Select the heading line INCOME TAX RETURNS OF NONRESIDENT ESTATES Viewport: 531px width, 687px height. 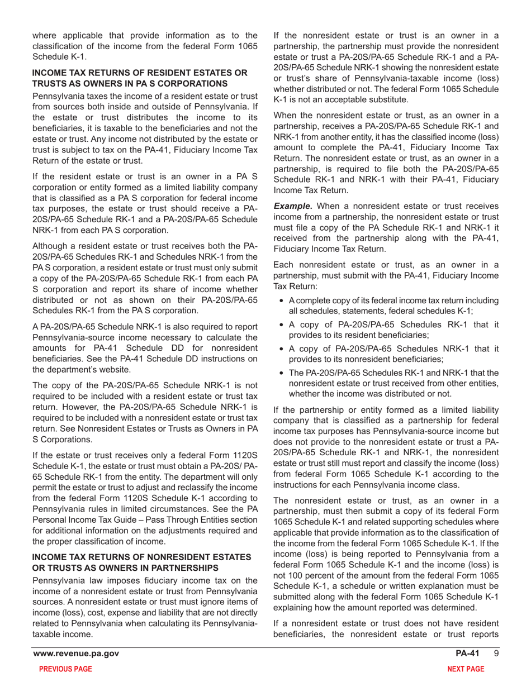(142, 557)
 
